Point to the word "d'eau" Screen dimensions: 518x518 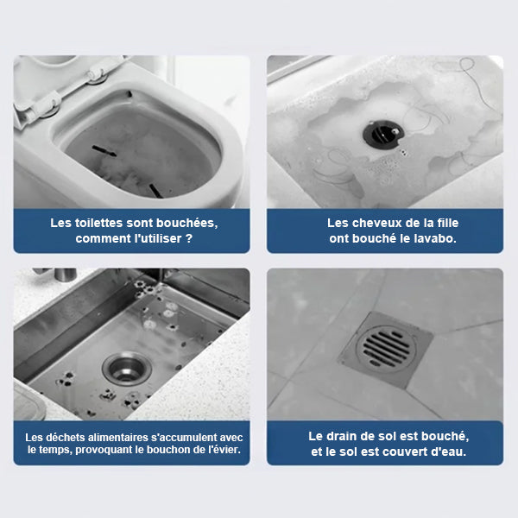pyautogui.click(x=449, y=452)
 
